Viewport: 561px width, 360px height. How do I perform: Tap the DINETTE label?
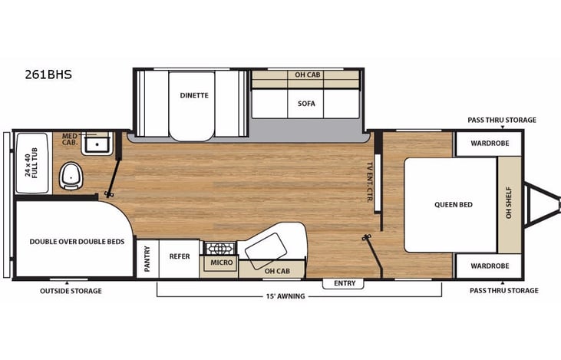click(194, 96)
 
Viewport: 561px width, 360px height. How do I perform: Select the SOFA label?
click(306, 103)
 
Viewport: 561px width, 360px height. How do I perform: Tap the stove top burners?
click(220, 249)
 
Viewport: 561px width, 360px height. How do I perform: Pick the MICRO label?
click(222, 263)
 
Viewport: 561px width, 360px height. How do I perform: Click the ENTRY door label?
click(344, 283)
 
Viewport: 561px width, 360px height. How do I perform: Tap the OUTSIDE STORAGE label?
click(71, 291)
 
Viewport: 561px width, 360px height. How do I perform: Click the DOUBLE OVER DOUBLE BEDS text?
click(77, 241)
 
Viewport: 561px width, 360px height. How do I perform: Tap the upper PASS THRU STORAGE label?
click(503, 120)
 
